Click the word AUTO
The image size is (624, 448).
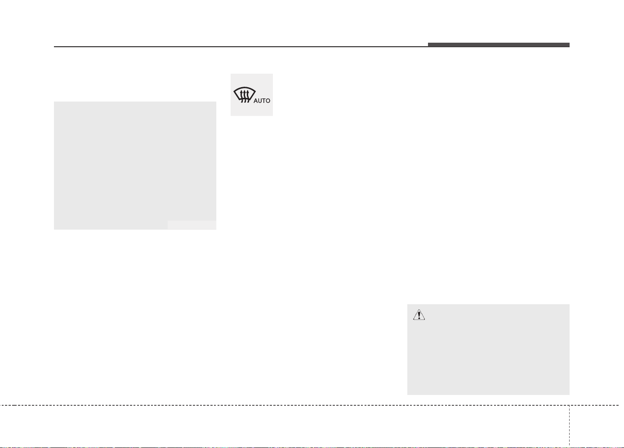pos(262,101)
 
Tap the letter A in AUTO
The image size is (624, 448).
pos(255,101)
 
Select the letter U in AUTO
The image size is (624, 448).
pos(260,101)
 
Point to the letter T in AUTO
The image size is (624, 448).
pos(263,101)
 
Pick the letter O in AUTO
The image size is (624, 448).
pos(267,101)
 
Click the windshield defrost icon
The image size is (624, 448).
pos(244,95)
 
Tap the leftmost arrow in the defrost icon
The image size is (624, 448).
pos(241,96)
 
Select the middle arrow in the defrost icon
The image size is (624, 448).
pos(244,96)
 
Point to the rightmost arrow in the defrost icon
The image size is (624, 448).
pos(247,96)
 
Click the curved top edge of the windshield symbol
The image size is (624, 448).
pos(244,88)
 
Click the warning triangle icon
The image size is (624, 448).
pos(419,315)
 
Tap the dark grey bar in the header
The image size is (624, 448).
pos(499,45)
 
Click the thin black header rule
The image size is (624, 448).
pos(241,46)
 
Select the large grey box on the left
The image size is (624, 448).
pos(135,165)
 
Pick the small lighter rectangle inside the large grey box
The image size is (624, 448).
pos(192,225)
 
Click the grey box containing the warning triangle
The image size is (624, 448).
pos(488,349)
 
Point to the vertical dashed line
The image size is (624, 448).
pos(569,426)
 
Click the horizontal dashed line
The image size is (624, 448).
pos(309,405)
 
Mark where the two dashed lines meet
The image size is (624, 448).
pos(569,405)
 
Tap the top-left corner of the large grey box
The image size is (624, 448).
pos(54,102)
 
